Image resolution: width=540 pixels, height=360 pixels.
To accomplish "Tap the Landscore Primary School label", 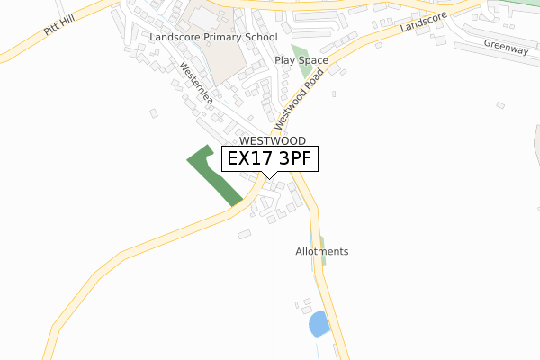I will [214, 38].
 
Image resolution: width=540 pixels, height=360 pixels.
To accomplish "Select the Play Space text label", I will [301, 61].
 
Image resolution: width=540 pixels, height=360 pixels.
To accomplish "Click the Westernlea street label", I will [195, 84].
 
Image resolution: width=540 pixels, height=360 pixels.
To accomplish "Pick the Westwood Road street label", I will [299, 98].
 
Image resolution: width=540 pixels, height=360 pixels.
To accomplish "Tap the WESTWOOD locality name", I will [272, 141].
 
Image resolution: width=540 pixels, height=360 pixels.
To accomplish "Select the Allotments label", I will [321, 251].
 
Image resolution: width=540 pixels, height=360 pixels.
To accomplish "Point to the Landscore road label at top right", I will [423, 27].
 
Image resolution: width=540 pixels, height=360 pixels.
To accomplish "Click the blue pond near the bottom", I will [319, 323].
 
